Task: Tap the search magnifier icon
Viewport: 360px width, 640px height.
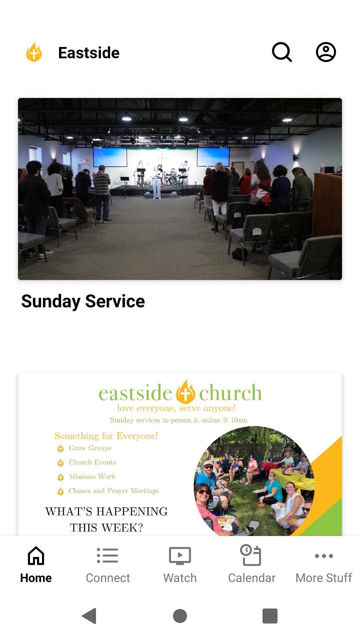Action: click(282, 52)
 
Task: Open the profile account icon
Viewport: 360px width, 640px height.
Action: click(326, 52)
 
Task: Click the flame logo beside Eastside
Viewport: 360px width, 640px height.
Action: click(34, 52)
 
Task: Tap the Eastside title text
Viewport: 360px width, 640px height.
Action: click(89, 53)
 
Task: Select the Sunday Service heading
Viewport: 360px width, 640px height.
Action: click(83, 301)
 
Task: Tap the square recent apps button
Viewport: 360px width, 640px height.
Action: click(270, 616)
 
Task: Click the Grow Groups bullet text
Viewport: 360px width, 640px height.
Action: click(90, 448)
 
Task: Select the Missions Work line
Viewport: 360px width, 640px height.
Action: click(92, 477)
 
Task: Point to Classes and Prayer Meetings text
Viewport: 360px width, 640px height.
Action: click(114, 491)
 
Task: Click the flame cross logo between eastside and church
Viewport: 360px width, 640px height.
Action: click(185, 392)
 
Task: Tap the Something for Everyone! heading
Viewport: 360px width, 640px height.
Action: click(106, 436)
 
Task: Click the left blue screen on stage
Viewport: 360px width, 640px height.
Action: click(110, 157)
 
